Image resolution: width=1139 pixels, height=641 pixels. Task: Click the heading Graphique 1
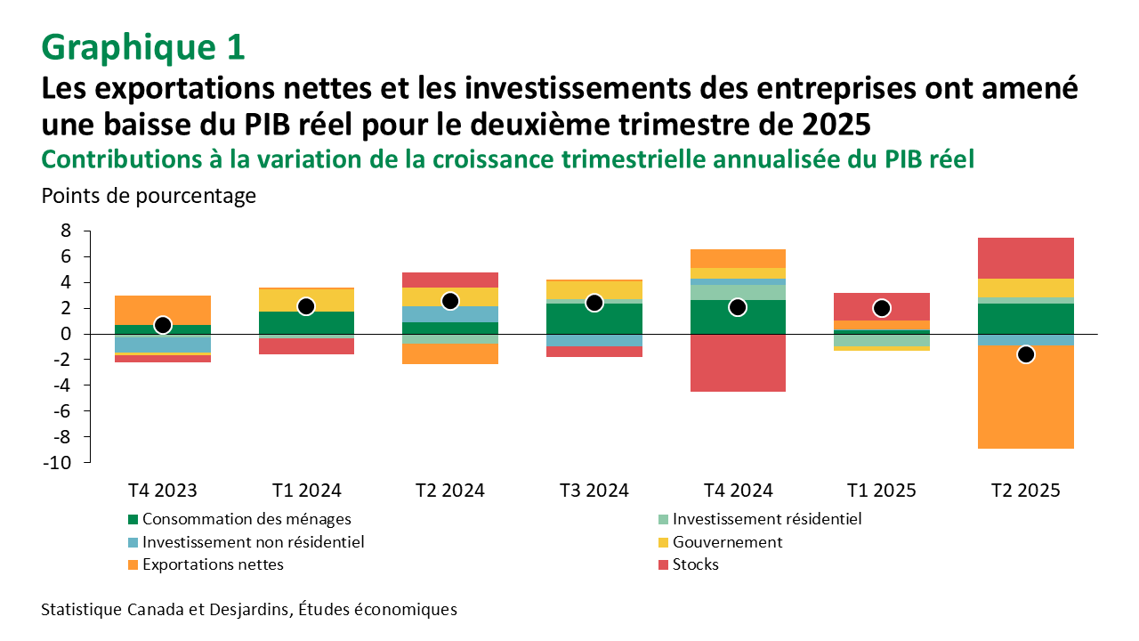click(142, 46)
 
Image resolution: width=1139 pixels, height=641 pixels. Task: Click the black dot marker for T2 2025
click(1025, 354)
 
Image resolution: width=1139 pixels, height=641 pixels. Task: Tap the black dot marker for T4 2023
click(163, 325)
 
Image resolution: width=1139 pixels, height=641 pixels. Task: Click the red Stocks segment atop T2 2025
click(1025, 258)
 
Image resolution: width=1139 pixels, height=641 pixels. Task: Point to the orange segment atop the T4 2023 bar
click(163, 310)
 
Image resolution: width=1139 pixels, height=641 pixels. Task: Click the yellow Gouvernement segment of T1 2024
click(306, 300)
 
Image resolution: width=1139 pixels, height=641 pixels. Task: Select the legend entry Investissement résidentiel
click(766, 519)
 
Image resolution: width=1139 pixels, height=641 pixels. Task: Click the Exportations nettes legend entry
click(212, 564)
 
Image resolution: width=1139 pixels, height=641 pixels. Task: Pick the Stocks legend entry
click(695, 564)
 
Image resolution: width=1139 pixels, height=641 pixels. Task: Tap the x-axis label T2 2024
click(450, 491)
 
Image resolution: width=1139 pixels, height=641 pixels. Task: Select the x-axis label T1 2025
click(882, 491)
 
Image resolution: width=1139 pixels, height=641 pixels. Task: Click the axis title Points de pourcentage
click(149, 196)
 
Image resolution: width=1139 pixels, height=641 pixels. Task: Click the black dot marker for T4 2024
click(738, 307)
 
